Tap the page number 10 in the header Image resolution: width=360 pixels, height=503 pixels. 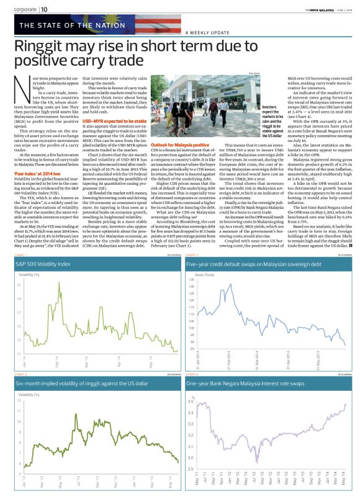[x=44, y=9]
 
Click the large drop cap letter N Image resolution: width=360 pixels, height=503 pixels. [x=20, y=86]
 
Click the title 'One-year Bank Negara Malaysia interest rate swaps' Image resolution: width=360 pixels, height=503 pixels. [x=244, y=385]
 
